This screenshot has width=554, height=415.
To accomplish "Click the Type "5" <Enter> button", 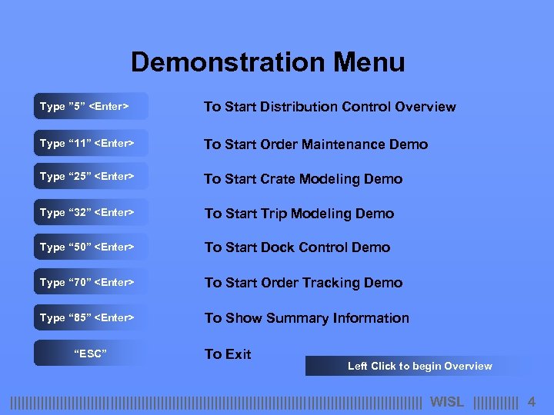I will tap(90, 106).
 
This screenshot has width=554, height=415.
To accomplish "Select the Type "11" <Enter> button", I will tap(90, 144).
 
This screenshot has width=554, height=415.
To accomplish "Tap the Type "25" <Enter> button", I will tap(90, 177).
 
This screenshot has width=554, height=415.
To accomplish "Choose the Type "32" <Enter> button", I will tap(90, 212).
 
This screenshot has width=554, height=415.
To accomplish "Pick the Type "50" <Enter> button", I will tap(90, 247).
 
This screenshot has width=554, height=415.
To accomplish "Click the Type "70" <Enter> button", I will tap(90, 282).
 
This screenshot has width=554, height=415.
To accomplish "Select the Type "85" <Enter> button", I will tap(90, 317).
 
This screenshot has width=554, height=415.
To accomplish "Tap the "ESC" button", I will tap(90, 354).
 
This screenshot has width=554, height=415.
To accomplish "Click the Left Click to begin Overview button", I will tap(419, 366).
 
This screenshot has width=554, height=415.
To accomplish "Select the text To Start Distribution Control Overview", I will tap(329, 107).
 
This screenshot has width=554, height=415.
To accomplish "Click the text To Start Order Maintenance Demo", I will tap(315, 144).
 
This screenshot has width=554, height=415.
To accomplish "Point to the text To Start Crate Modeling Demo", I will tap(303, 179).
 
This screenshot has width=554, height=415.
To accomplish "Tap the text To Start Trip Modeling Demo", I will tap(299, 214).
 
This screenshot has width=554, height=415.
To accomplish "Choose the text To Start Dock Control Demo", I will tap(297, 247).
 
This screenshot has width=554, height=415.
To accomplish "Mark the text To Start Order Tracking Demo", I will tap(303, 283).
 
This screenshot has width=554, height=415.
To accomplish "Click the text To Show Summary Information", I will tap(306, 318).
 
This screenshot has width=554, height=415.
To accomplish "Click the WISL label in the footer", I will tap(447, 401).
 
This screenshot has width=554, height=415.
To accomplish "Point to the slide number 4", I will tap(531, 401).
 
